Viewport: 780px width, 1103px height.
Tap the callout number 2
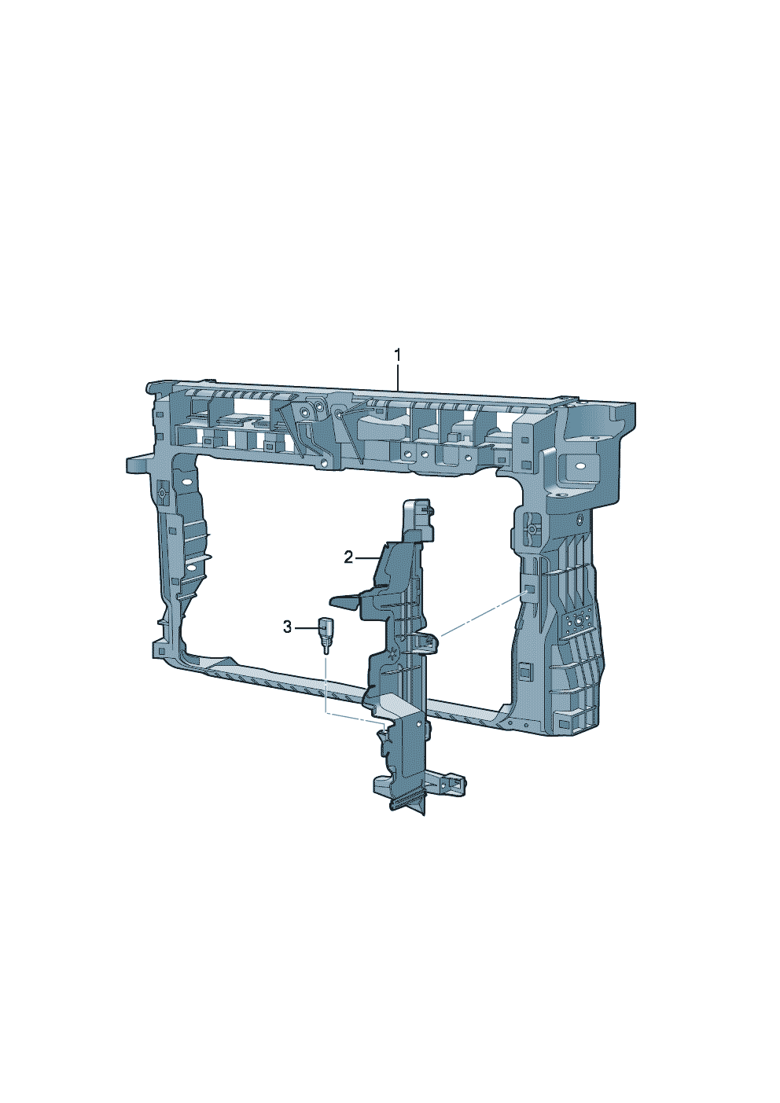point(348,558)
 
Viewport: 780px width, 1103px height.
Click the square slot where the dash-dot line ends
point(531,590)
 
